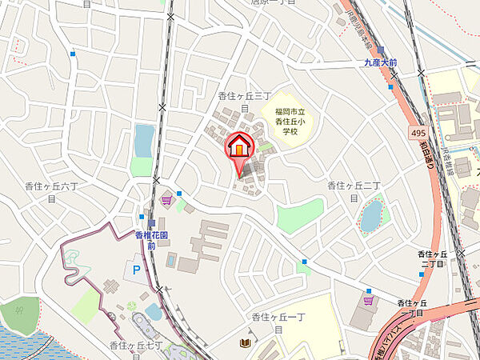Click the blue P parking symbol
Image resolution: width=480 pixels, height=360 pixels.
(x=136, y=270)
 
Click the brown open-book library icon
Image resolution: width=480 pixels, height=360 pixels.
(x=245, y=343)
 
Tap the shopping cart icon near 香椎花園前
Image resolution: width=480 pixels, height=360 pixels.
(x=166, y=200)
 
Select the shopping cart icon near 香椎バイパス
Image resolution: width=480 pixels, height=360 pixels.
(x=368, y=301)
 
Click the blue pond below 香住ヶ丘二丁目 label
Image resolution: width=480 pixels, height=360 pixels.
(x=371, y=216)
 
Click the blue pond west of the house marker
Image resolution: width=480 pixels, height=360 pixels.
(x=144, y=140)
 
